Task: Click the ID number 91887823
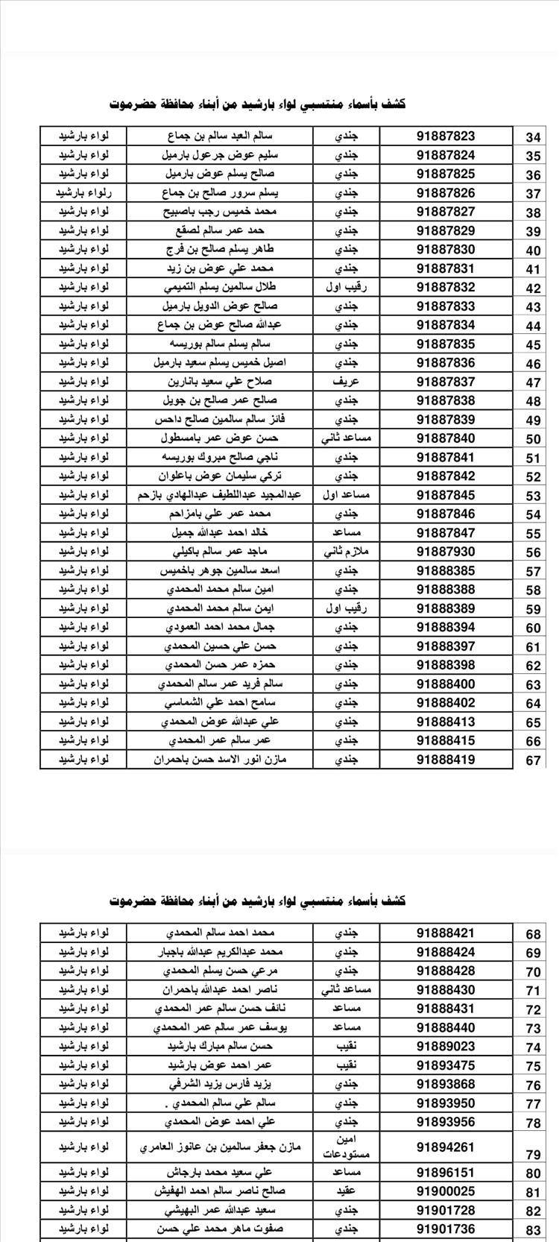(446, 136)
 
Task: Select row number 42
(533, 289)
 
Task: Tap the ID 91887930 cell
(446, 552)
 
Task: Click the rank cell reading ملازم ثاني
(347, 552)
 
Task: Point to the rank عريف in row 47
(347, 382)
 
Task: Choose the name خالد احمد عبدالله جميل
(220, 532)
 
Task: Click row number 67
(533, 760)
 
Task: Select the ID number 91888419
(446, 760)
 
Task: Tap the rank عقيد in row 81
(347, 1191)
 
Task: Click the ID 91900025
(446, 1191)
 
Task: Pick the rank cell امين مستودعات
(347, 1147)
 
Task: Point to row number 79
(533, 1155)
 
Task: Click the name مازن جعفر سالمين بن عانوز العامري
(220, 1147)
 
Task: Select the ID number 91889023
(446, 1046)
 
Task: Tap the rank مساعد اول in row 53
(347, 495)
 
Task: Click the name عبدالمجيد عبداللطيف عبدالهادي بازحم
(220, 495)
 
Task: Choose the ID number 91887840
(446, 438)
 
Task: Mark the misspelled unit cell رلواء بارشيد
(83, 193)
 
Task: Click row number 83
(533, 1230)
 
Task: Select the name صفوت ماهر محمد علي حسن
(220, 1229)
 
